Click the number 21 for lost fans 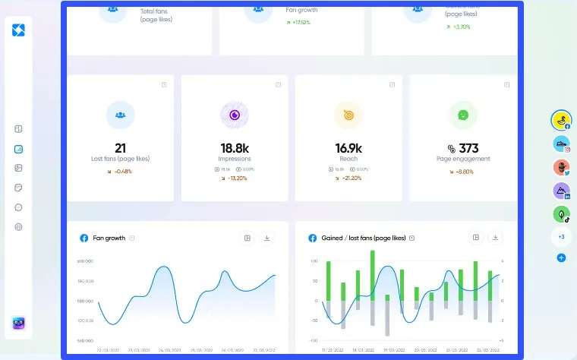[120, 148]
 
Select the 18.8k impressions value [235, 148]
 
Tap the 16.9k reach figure [348, 148]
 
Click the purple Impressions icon [235, 115]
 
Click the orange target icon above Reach [348, 115]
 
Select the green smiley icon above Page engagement [463, 115]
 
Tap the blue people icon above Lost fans [120, 115]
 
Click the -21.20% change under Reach [348, 178]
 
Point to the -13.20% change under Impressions [235, 178]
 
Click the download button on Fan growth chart [267, 238]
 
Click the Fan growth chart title [109, 238]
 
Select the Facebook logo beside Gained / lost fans [311, 238]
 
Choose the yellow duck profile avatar [560, 119]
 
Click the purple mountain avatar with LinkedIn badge [560, 191]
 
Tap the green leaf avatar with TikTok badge [560, 214]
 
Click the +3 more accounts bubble [561, 237]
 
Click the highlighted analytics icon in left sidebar [18, 149]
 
